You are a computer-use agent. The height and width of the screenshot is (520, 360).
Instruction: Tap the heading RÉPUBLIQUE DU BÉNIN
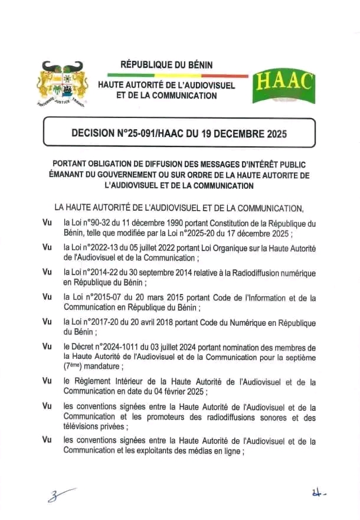(166, 64)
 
